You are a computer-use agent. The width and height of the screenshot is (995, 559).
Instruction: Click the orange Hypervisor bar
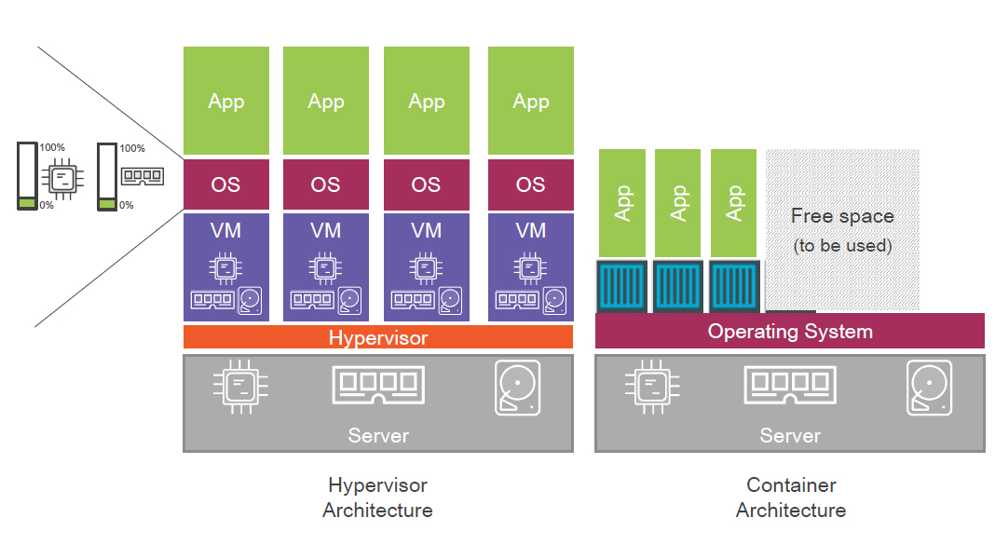pos(377,337)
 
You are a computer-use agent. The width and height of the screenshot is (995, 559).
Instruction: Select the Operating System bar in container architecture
pos(789,331)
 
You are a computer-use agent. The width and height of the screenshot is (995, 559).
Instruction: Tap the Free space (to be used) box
pos(842,229)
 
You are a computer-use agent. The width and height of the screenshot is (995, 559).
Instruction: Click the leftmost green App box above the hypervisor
pos(225,101)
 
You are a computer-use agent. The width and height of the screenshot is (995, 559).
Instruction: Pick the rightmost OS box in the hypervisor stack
pos(530,184)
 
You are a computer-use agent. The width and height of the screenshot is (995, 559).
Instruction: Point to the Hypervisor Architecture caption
pos(377,498)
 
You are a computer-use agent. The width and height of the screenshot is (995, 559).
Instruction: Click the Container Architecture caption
pos(791,498)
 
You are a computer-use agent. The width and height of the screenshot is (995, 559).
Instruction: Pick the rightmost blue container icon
pos(734,286)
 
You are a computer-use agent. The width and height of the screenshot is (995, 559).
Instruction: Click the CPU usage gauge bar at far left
pos(28,176)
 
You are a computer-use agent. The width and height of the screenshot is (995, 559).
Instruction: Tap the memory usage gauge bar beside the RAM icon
pos(107,176)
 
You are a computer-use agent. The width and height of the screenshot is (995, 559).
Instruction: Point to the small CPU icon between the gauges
pos(62,178)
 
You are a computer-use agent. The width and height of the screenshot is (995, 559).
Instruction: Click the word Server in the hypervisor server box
pos(378,435)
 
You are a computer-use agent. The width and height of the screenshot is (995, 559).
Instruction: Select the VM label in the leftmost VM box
pos(225,230)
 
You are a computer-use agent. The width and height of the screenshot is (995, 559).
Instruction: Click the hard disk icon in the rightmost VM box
pos(555,300)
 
